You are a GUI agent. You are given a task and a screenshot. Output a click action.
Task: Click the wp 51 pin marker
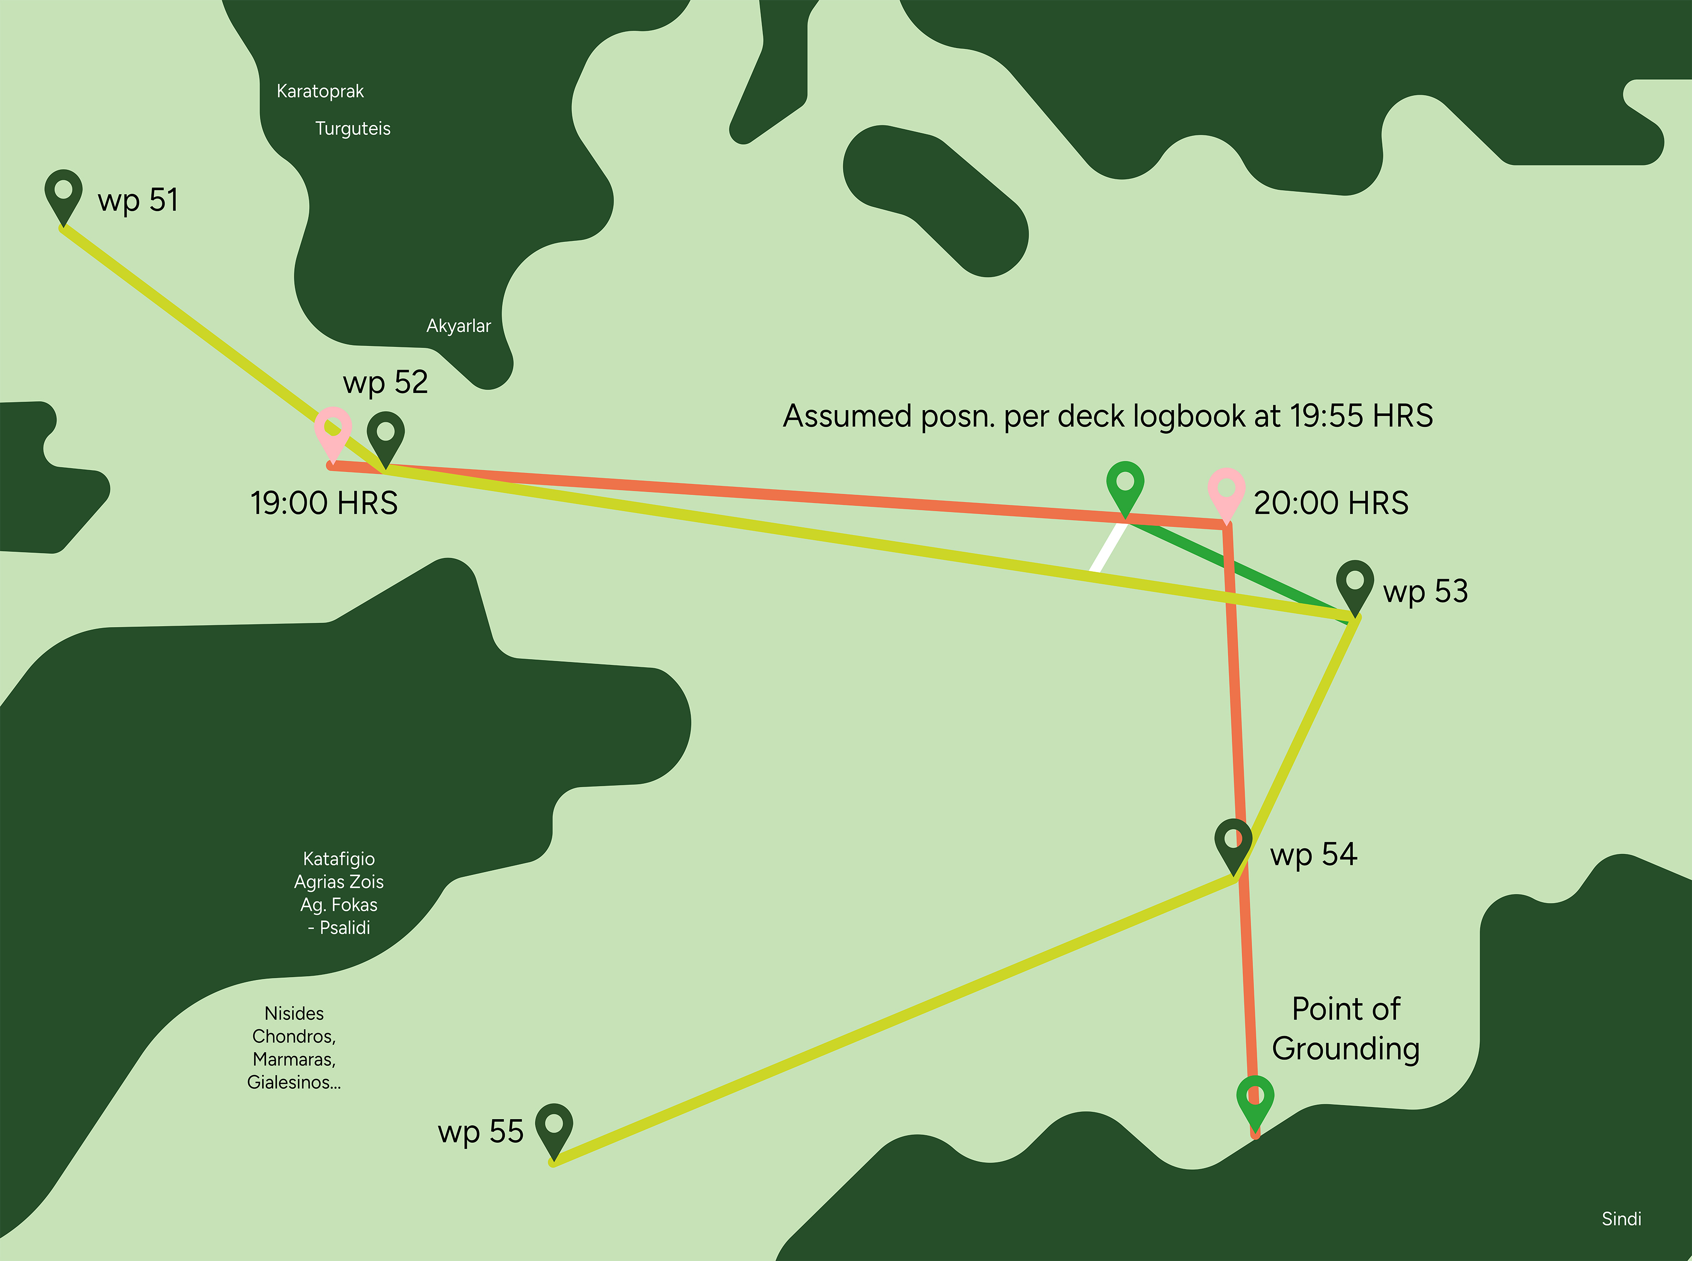pos(64,192)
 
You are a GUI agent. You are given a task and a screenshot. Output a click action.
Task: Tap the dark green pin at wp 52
pos(385,434)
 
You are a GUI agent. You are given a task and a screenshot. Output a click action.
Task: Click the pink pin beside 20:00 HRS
pos(1226,491)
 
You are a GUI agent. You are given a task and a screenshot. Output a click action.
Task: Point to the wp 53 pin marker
pos(1354,583)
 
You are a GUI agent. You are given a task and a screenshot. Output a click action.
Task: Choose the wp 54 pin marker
pos(1233,842)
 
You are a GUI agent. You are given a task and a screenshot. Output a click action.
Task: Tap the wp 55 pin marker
pos(553,1127)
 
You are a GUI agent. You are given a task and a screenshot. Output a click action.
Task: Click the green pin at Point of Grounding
pos(1255,1099)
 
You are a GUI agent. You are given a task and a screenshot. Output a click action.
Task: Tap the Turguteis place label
pos(353,128)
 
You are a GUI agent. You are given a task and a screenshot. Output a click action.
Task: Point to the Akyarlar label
pos(458,326)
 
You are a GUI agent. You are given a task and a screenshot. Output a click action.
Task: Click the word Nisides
pos(294,1013)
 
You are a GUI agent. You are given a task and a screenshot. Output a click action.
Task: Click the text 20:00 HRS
pos(1331,503)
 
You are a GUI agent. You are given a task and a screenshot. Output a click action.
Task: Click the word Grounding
pos(1345,1049)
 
